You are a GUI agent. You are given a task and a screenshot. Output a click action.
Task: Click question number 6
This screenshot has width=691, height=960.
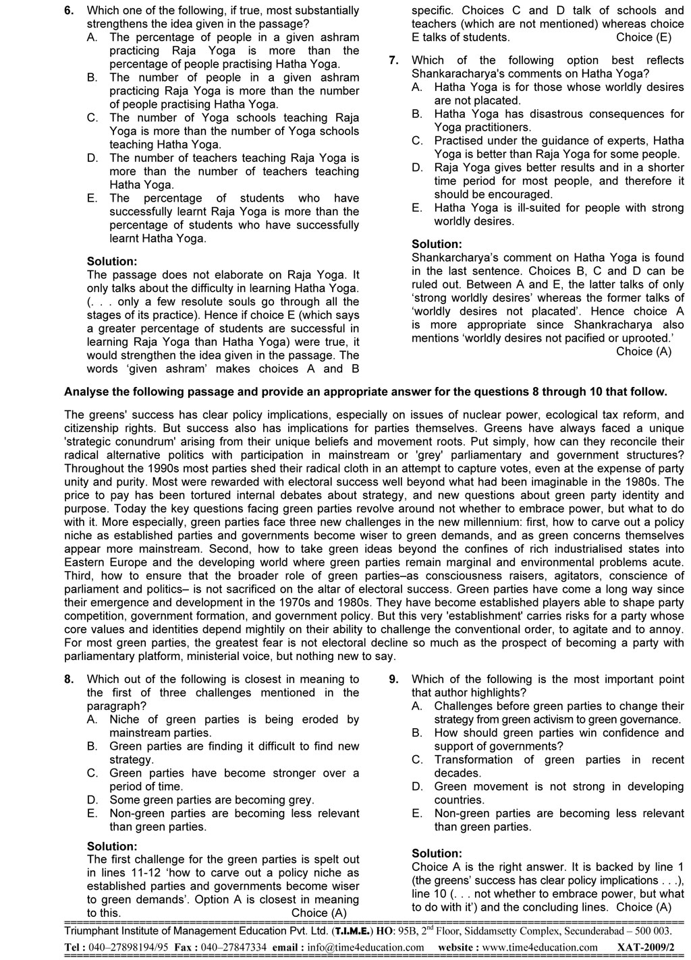(x=69, y=11)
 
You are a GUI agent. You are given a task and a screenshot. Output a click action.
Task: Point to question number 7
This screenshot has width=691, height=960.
(x=393, y=61)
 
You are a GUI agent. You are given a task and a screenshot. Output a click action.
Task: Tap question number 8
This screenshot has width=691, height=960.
(x=69, y=680)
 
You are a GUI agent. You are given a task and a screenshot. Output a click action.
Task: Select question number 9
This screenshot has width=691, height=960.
(x=393, y=680)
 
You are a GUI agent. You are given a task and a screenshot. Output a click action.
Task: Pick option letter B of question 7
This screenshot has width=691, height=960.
(x=417, y=114)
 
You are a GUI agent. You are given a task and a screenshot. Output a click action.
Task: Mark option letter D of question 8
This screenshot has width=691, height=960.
(x=92, y=800)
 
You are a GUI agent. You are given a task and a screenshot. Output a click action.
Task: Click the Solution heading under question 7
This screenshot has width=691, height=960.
(x=437, y=244)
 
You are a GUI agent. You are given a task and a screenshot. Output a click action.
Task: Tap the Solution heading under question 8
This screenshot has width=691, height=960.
(x=112, y=846)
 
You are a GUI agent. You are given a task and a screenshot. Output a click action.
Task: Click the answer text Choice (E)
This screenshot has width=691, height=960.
(x=644, y=38)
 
